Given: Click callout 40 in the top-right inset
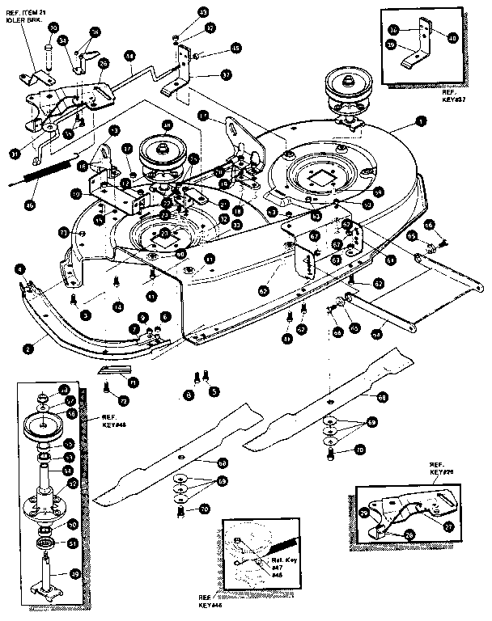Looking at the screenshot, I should pyautogui.click(x=452, y=37).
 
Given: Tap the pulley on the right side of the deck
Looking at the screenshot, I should pyautogui.click(x=346, y=86).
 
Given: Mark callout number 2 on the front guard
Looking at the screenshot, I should pyautogui.click(x=28, y=349).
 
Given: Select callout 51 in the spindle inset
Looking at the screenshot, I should pyautogui.click(x=71, y=543).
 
